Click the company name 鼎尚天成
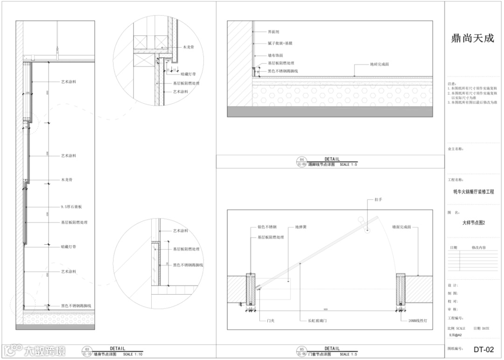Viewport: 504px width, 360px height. tap(472, 39)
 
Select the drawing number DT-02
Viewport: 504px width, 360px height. tap(483, 349)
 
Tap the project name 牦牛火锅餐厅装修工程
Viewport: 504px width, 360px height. tap(473, 192)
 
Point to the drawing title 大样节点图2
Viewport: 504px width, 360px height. tap(474, 223)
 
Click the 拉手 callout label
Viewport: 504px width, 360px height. tap(378, 199)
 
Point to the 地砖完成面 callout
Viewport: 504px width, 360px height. tap(379, 64)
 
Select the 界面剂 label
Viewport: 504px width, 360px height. tap(273, 33)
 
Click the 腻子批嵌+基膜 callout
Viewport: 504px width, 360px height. tap(280, 43)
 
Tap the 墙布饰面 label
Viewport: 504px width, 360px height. tap(275, 55)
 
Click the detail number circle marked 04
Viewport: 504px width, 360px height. tap(301, 159)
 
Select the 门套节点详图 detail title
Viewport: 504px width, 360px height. tap(319, 354)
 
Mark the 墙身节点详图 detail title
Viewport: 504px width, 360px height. tap(105, 354)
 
